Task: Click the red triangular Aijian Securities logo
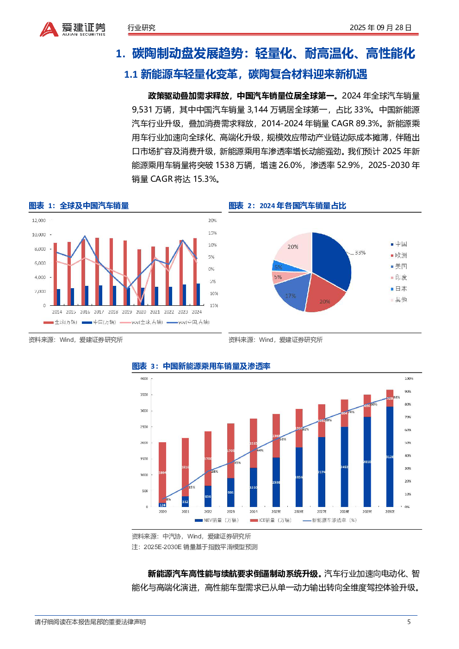pos(49,30)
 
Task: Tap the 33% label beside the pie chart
pos(360,253)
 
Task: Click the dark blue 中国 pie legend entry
pos(399,244)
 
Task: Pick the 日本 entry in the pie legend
pos(399,289)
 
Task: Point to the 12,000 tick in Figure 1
pos(39,221)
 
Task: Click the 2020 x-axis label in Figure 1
pos(141,312)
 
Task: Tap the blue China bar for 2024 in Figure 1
pos(198,294)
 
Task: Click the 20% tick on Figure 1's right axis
pos(212,221)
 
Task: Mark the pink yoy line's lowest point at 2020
pos(141,302)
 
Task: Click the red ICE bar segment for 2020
pos(162,472)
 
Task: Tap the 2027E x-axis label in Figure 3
pos(322,512)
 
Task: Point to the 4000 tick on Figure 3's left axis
pos(144,379)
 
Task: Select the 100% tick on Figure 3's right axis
pos(409,379)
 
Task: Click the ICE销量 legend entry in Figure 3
pos(271,520)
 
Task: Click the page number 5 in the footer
pos(409,622)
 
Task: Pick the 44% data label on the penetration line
pos(260,450)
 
